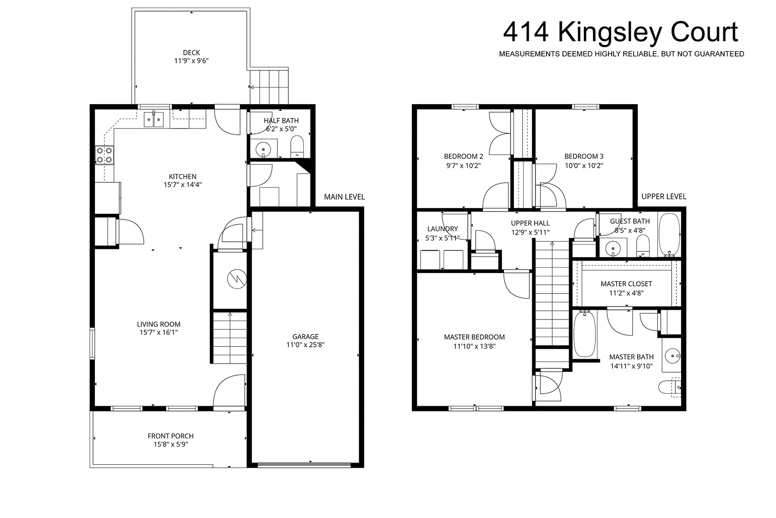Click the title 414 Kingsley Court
coord(620,32)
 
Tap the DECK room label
coord(191,53)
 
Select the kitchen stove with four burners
coord(104,155)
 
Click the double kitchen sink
coord(154,119)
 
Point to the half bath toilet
coord(297,146)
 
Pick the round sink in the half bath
coord(263,150)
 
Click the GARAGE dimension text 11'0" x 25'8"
coord(305,345)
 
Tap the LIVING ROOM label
coord(159,324)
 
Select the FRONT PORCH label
coord(171,436)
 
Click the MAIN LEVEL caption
coord(344,197)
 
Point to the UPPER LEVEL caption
coord(664,197)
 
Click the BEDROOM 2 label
coord(464,156)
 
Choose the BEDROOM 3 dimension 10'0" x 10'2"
coord(584,166)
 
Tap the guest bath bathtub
coord(669,235)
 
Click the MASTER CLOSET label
coord(627,284)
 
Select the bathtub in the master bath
coord(585,334)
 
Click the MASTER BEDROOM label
coord(474,337)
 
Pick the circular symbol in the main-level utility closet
coord(237,279)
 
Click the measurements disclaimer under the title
coord(621,54)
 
